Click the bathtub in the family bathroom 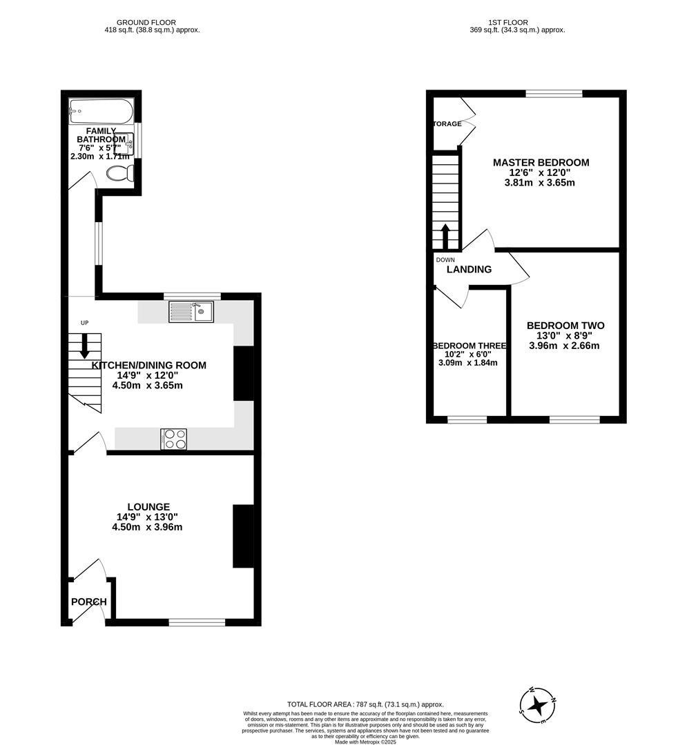coord(100,112)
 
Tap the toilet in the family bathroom coord(120,174)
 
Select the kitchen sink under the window coord(191,312)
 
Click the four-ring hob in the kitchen coord(173,439)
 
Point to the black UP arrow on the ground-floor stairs coord(84,346)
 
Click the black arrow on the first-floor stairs coord(445,235)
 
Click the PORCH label coord(89,602)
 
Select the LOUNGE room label coord(148,506)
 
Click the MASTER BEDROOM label coord(541,163)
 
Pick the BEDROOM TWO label coord(565,326)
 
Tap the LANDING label coord(469,270)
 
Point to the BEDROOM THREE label coord(469,346)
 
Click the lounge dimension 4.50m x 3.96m coord(147,527)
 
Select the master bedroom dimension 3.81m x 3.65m coord(540,183)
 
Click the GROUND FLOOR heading coord(146,22)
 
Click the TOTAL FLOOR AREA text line coord(365,704)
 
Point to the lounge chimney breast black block coord(243,536)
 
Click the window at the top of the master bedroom coord(554,94)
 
